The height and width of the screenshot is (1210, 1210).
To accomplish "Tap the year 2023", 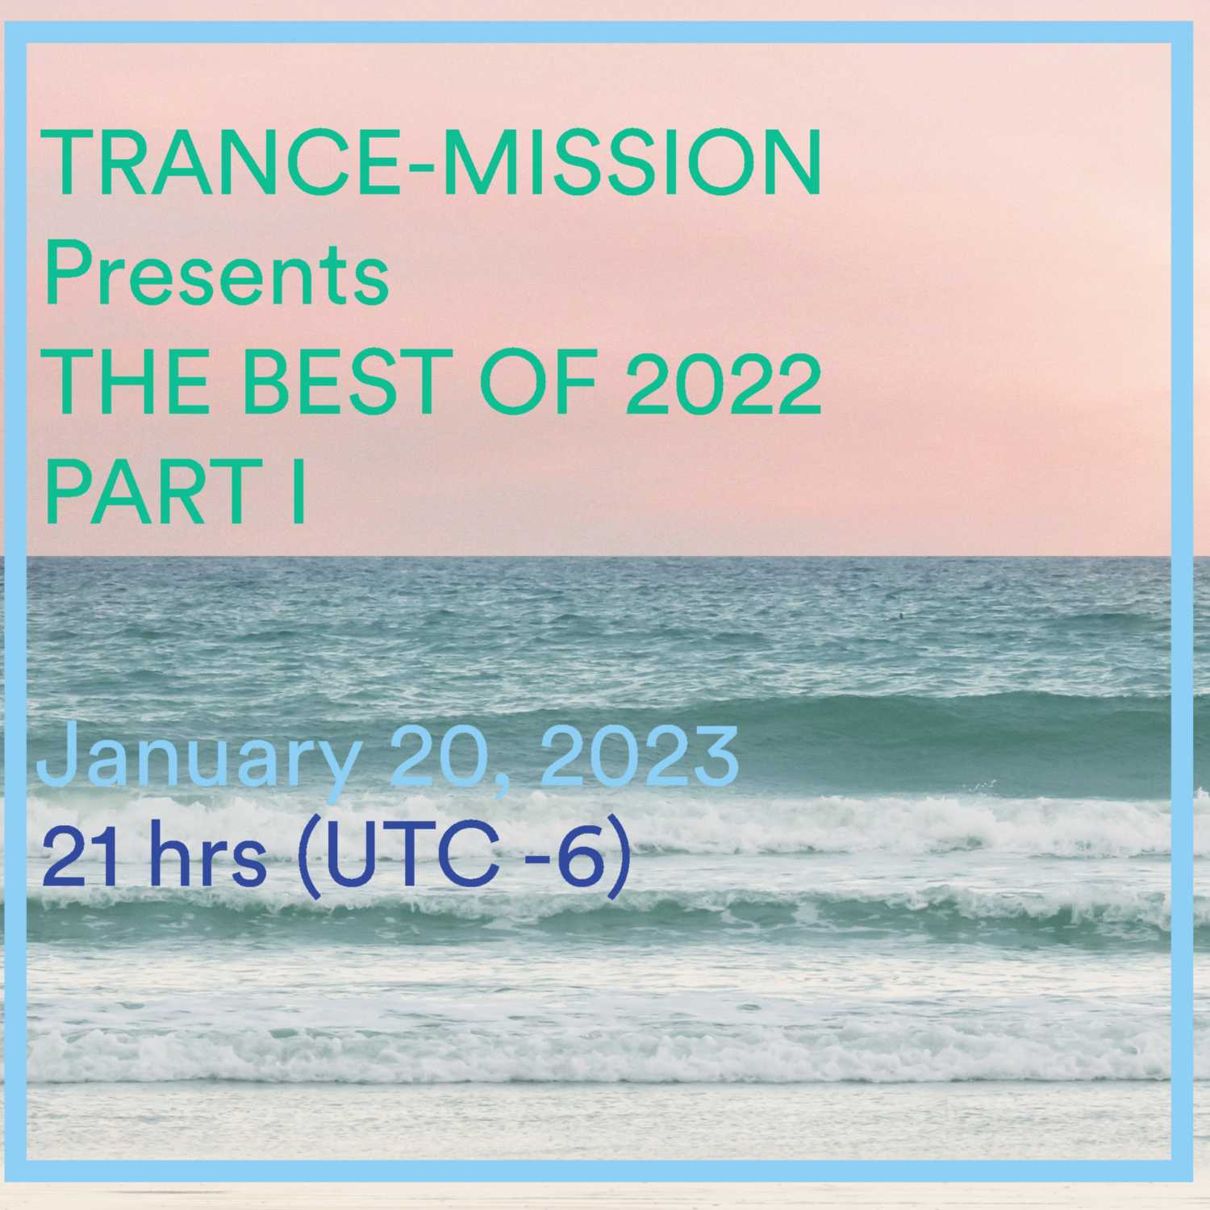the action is (639, 756).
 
